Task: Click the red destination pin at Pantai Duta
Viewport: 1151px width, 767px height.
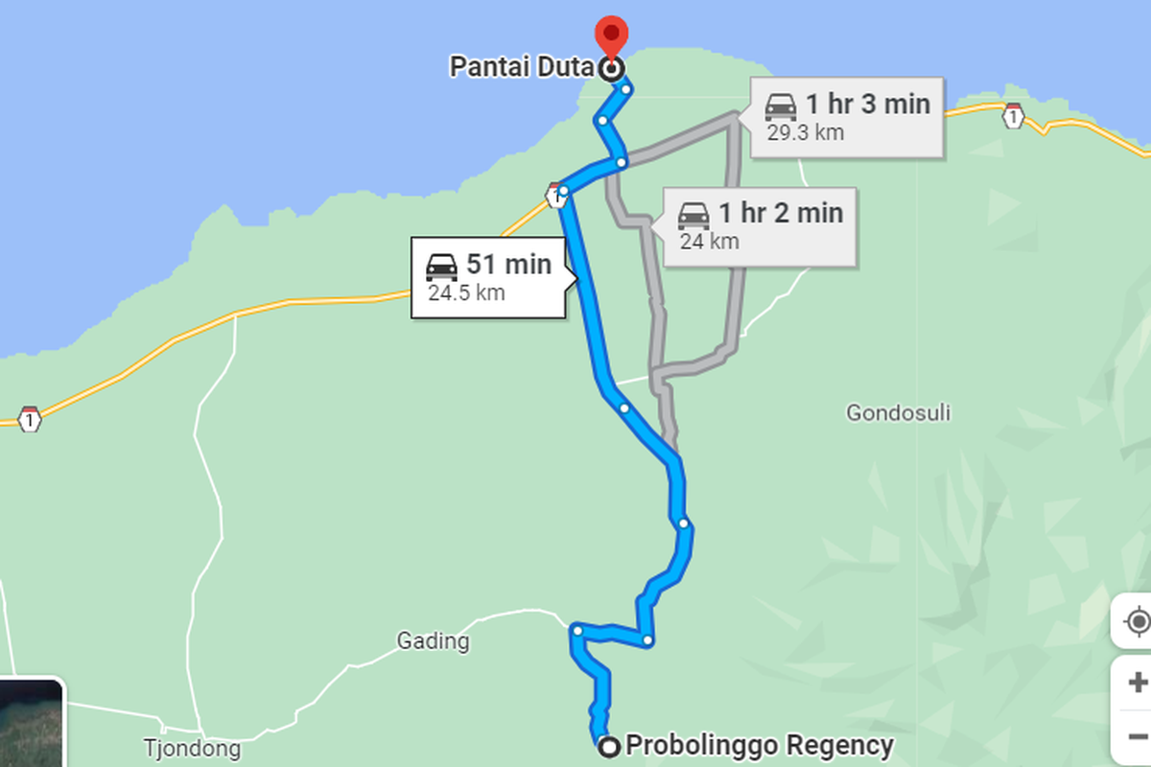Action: [611, 37]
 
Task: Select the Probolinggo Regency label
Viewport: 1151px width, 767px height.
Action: [759, 745]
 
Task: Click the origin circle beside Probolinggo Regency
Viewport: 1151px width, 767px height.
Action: [607, 747]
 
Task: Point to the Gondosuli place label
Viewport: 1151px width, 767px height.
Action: [898, 413]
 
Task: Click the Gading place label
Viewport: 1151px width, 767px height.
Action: [434, 640]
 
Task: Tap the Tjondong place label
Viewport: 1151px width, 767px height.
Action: [191, 748]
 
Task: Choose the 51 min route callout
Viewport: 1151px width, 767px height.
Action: [491, 277]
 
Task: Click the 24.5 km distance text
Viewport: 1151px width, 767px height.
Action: [465, 293]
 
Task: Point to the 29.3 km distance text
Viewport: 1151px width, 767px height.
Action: [805, 132]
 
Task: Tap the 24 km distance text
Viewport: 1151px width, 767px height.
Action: [709, 241]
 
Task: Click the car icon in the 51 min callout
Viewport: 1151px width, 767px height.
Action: [441, 266]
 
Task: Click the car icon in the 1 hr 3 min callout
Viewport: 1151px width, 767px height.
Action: [781, 105]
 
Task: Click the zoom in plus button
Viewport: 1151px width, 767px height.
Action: [1138, 683]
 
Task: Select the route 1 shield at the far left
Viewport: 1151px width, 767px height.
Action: [30, 419]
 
